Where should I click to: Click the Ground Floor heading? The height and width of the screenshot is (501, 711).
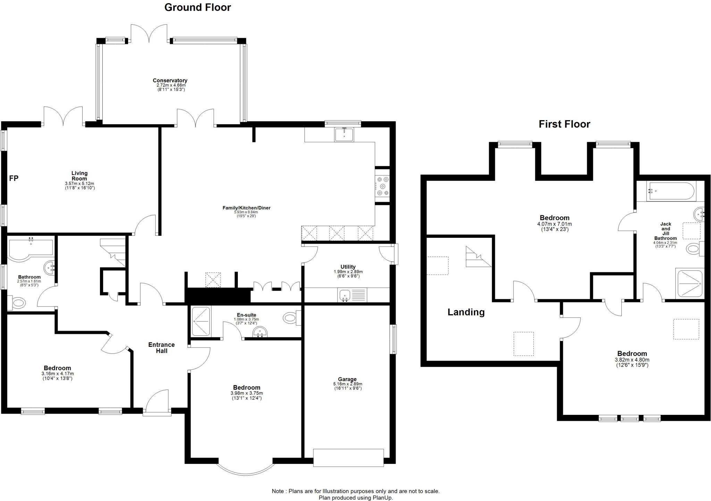pos(198,7)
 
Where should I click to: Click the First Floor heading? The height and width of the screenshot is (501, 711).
pos(564,124)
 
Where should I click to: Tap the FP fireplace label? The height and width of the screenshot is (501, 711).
pos(14,178)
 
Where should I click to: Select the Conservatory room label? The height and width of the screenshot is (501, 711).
pos(170,81)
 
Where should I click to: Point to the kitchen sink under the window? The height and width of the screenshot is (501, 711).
pos(344,134)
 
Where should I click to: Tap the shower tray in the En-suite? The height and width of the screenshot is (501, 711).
pos(201,322)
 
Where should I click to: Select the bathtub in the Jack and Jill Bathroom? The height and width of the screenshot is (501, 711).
pos(671,191)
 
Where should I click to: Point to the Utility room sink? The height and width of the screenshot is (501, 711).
pos(345,295)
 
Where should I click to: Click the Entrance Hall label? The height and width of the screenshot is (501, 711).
pos(161,348)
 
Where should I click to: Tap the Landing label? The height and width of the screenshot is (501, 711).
pos(466,312)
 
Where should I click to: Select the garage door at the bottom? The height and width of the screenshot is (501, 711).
pos(348,458)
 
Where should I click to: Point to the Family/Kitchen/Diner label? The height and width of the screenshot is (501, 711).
pos(246,208)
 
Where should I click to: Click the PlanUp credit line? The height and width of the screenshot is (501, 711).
pos(355,498)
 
